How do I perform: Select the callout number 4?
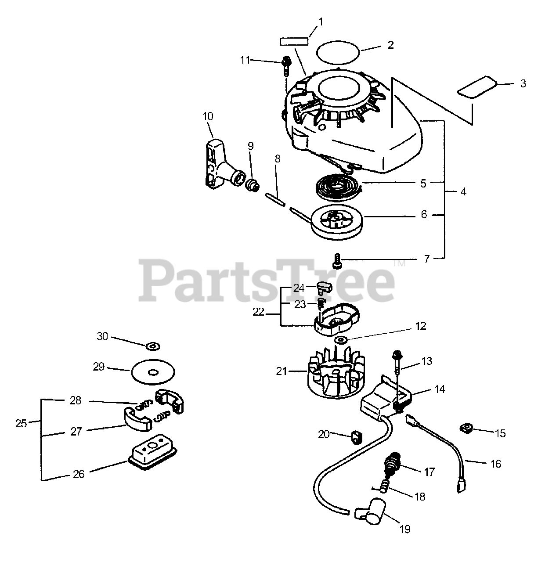coord(463,192)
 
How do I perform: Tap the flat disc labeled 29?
coord(153,373)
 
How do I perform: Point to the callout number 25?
coord(21,424)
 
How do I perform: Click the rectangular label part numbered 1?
coord(294,41)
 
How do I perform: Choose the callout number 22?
coord(259,312)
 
